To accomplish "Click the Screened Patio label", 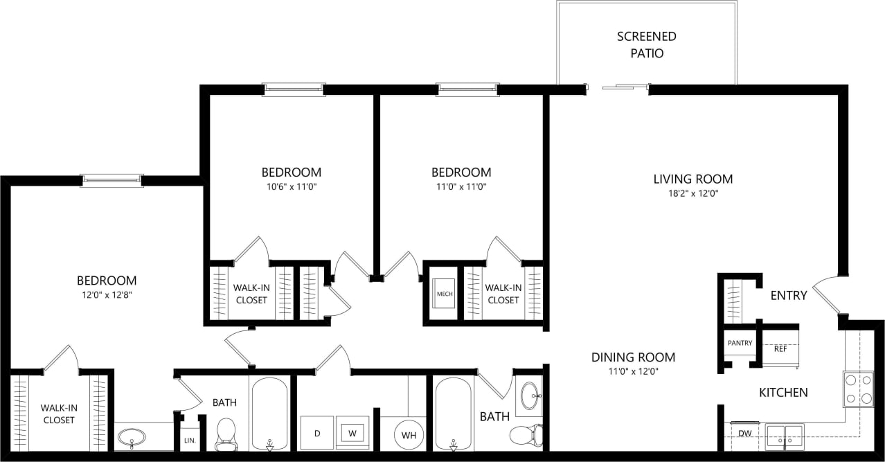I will pyautogui.click(x=646, y=44).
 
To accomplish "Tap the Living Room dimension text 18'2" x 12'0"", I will pyautogui.click(x=692, y=194).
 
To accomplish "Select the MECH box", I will pyautogui.click(x=444, y=294).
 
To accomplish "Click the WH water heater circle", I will pyautogui.click(x=409, y=435).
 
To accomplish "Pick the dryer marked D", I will pyautogui.click(x=317, y=434).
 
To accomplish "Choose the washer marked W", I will pyautogui.click(x=352, y=434).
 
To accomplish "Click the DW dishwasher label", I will pyautogui.click(x=745, y=434).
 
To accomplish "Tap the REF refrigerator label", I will pyautogui.click(x=780, y=349).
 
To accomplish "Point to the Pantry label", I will pyautogui.click(x=740, y=343).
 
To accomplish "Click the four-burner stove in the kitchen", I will pyautogui.click(x=858, y=389).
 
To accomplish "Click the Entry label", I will pyautogui.click(x=789, y=296).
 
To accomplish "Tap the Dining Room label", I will pyautogui.click(x=633, y=357).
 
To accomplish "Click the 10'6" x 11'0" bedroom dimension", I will pyautogui.click(x=291, y=186).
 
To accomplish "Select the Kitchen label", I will pyautogui.click(x=783, y=393).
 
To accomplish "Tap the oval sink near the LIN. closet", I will pyautogui.click(x=132, y=437).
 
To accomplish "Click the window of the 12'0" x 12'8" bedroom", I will pyautogui.click(x=111, y=180).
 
